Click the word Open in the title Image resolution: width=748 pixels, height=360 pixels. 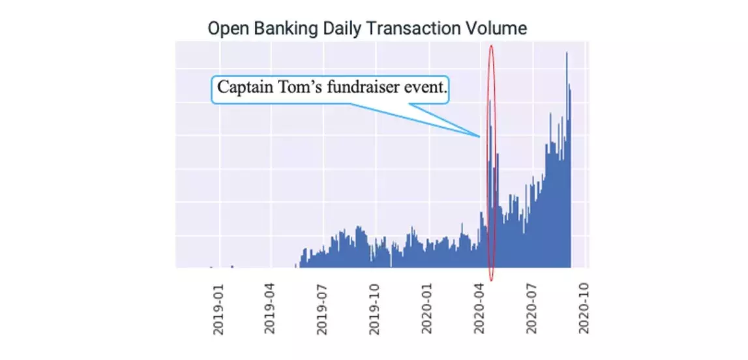click(225, 29)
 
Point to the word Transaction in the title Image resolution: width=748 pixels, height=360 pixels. click(409, 29)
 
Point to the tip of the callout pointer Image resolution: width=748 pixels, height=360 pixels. click(481, 136)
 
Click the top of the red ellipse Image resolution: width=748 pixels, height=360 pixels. click(491, 45)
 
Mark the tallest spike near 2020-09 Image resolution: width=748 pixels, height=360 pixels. click(567, 53)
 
